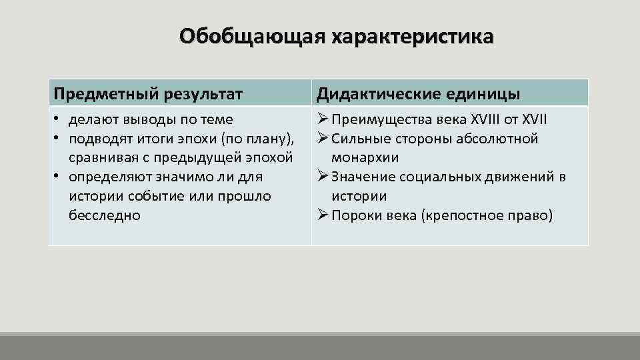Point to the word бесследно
[104, 215]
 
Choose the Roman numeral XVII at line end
[533, 120]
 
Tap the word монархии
[365, 158]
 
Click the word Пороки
[357, 215]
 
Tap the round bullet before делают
[58, 120]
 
